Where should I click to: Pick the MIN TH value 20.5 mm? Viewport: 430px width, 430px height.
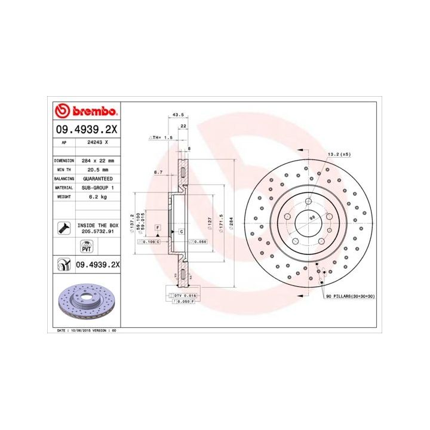pyautogui.click(x=96, y=170)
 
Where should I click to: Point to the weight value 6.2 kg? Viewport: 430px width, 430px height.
pyautogui.click(x=96, y=196)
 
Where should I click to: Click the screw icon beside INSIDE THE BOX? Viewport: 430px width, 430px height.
pyautogui.click(x=62, y=227)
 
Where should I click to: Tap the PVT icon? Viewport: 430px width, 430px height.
pyautogui.click(x=85, y=247)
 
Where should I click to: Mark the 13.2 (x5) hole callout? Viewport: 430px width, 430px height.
pyautogui.click(x=338, y=154)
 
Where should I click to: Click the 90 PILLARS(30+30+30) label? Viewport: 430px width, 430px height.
pyautogui.click(x=350, y=296)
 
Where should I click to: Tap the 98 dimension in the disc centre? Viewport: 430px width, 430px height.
pyautogui.click(x=312, y=219)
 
